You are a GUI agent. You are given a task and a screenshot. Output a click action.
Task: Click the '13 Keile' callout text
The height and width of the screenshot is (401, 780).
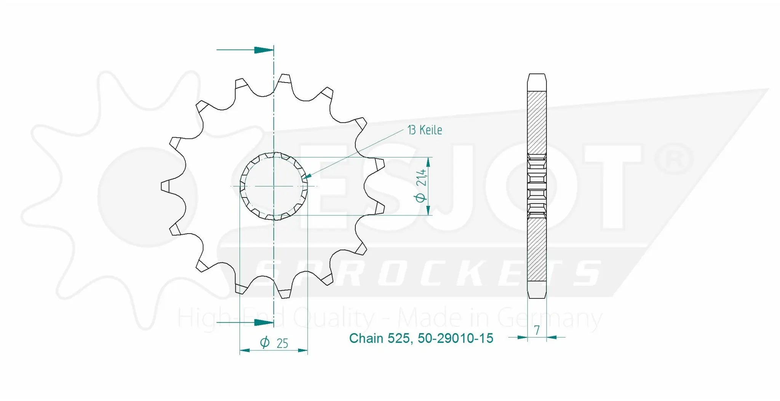tap(425, 130)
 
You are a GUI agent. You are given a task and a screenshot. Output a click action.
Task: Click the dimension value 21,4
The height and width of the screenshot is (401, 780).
tap(421, 178)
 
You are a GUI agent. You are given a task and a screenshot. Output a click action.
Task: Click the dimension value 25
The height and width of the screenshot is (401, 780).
tap(282, 344)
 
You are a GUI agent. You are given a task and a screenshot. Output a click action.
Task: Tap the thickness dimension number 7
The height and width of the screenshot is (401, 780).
tap(537, 330)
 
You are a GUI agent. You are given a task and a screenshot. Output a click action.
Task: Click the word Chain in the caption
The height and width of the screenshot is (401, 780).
tap(366, 338)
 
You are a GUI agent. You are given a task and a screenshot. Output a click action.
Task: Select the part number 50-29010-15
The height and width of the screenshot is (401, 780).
tap(455, 338)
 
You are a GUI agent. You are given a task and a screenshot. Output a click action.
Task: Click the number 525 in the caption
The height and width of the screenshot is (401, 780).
tap(399, 338)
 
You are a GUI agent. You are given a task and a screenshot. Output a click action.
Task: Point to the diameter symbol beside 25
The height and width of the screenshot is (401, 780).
tap(265, 342)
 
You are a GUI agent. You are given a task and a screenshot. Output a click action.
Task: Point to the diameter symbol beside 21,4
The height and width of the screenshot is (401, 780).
tap(421, 197)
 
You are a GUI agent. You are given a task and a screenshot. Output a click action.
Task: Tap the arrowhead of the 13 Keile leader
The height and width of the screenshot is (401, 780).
tap(307, 177)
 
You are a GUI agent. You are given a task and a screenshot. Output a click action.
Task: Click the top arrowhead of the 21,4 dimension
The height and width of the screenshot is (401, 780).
tap(428, 162)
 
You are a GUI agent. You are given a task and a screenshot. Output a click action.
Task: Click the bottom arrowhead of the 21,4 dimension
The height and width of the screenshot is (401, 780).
tap(428, 210)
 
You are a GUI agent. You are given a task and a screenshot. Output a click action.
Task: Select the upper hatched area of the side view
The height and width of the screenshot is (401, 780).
tap(537, 123)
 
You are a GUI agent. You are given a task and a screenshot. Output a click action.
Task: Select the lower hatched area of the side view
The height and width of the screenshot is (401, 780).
tap(537, 249)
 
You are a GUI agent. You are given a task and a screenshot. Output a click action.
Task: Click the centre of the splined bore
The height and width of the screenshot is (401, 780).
tap(274, 186)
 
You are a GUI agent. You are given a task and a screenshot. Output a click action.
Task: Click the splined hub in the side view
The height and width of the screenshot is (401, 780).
tap(537, 186)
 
